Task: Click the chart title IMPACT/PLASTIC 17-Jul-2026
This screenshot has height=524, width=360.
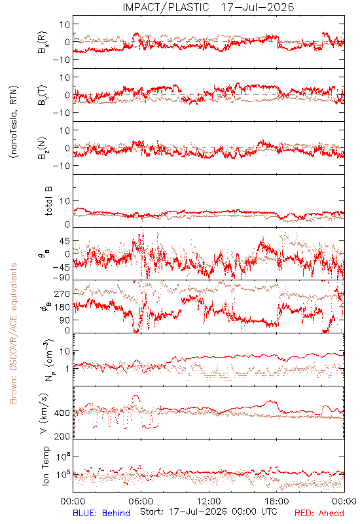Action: (208, 7)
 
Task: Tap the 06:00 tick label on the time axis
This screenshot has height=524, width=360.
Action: (141, 501)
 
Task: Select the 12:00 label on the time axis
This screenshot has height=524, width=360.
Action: (209, 501)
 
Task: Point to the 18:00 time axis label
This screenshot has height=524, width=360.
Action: (277, 501)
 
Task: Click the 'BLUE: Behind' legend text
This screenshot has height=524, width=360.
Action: (101, 513)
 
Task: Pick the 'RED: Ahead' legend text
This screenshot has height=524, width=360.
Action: (319, 513)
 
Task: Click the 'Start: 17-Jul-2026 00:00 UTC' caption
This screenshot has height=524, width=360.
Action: (208, 512)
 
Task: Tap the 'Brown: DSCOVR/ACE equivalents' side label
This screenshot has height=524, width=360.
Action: (13, 333)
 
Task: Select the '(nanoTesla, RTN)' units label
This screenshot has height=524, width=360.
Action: (14, 122)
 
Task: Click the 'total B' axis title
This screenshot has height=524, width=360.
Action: (48, 201)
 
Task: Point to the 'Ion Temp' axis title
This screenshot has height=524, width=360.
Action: (45, 466)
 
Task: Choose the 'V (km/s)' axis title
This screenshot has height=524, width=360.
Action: (44, 413)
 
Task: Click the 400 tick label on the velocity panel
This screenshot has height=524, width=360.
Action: (62, 413)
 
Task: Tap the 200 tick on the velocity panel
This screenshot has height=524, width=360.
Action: (62, 436)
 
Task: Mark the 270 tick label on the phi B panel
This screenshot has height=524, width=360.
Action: (62, 293)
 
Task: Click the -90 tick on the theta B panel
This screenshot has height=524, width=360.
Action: (61, 278)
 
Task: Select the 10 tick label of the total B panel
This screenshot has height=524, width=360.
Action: (65, 201)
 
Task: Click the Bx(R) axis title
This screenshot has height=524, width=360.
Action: (43, 42)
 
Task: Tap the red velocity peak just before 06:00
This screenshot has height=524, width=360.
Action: (135, 396)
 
